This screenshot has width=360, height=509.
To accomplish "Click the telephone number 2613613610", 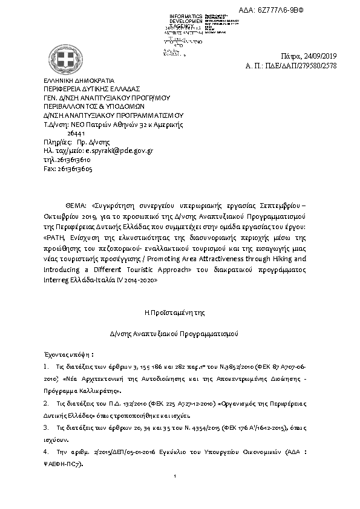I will point(73,160).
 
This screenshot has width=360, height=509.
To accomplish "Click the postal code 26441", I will point(76,133).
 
